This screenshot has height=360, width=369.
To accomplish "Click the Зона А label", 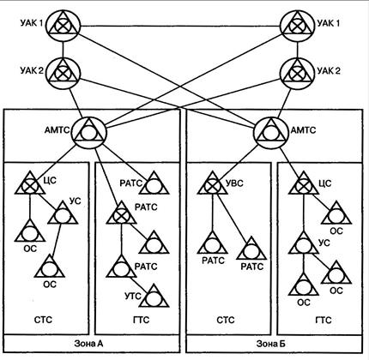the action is (x=88, y=343).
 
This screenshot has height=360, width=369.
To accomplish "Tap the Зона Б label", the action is (x=270, y=343).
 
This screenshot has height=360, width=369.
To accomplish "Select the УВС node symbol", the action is (x=212, y=183).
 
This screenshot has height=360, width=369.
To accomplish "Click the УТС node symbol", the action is (x=154, y=297).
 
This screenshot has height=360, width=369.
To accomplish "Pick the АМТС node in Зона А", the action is (x=89, y=132).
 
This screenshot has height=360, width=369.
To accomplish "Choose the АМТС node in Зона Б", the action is (x=269, y=132).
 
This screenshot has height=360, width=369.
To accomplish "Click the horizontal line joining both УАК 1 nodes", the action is (x=180, y=27).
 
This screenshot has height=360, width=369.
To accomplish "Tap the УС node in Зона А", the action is (x=63, y=213).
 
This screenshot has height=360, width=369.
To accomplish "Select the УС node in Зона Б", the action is (x=303, y=243).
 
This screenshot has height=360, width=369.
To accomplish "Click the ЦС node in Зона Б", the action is (x=303, y=183).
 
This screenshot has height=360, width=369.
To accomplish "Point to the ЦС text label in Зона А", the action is (x=50, y=181).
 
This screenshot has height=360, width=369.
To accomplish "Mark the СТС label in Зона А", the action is (x=43, y=320).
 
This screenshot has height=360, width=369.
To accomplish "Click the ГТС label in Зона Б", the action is (x=323, y=320).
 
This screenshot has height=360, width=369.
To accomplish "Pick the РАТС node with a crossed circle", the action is (x=122, y=213).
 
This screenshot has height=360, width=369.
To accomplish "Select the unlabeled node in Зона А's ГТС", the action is (x=154, y=243).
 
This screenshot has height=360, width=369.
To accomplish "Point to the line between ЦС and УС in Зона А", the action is (x=45, y=198).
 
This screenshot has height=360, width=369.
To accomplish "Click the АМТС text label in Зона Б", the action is (x=303, y=130).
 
